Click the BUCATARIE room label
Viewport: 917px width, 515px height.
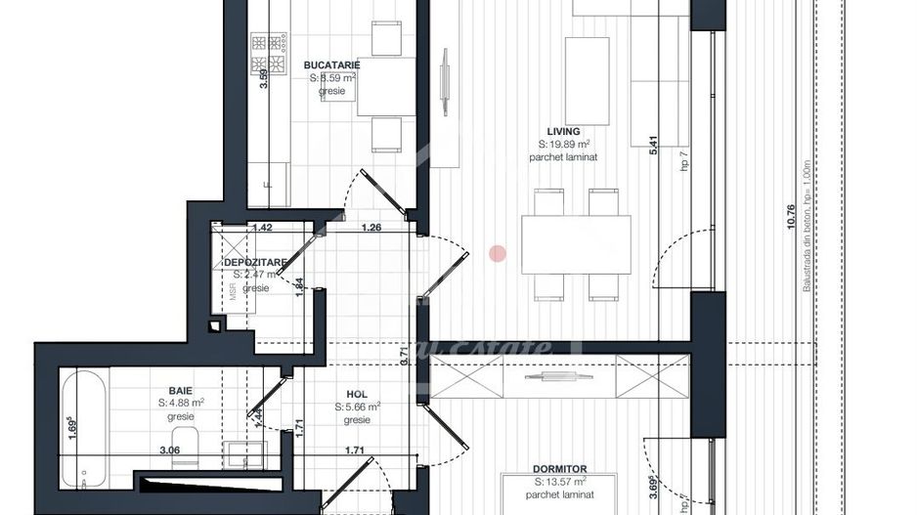tap(332, 64)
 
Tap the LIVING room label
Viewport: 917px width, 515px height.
tap(563, 131)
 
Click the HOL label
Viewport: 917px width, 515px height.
tap(357, 394)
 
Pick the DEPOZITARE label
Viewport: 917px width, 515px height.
tap(254, 262)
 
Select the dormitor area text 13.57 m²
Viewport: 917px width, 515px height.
tap(560, 482)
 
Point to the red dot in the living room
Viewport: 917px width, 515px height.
tap(498, 254)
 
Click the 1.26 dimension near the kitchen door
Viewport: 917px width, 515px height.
tap(371, 229)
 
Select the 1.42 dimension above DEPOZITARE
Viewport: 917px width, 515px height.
tap(261, 229)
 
